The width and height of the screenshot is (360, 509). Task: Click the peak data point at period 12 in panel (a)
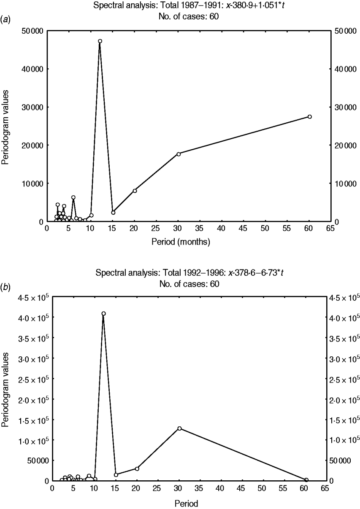(100, 41)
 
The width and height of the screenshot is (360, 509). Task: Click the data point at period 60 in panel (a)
(309, 116)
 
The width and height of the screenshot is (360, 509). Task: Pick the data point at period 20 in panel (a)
(135, 191)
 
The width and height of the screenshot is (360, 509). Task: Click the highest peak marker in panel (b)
(103, 314)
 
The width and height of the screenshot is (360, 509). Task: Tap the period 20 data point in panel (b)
(137, 469)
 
